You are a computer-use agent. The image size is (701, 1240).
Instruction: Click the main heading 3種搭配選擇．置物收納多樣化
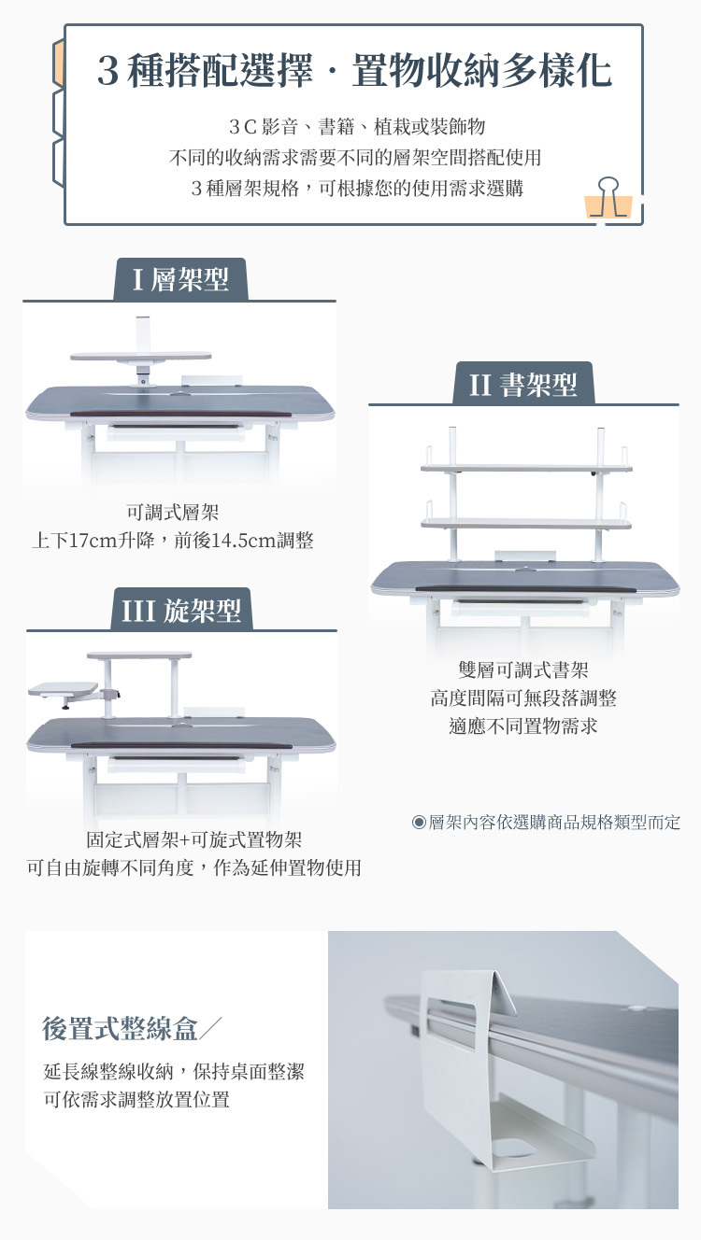pyautogui.click(x=354, y=72)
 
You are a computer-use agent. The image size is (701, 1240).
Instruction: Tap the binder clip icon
pyautogui.click(x=608, y=198)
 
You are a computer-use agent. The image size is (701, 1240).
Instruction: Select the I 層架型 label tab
pyautogui.click(x=180, y=279)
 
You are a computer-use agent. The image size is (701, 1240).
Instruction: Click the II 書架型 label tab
pyautogui.click(x=523, y=384)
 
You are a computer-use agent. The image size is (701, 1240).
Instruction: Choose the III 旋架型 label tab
pyautogui.click(x=181, y=610)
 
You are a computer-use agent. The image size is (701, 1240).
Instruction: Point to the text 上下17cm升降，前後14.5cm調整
pyautogui.click(x=173, y=541)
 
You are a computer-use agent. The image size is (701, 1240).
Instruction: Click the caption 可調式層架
pyautogui.click(x=173, y=512)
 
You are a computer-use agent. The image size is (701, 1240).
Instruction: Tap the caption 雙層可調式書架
pyautogui.click(x=523, y=669)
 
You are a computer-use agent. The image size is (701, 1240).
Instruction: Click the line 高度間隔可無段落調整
pyautogui.click(x=523, y=697)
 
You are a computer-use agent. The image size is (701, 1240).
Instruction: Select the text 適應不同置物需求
pyautogui.click(x=523, y=726)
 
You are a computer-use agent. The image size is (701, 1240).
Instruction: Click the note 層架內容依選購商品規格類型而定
pyautogui.click(x=547, y=823)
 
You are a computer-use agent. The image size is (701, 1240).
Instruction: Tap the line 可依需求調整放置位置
pyautogui.click(x=136, y=1099)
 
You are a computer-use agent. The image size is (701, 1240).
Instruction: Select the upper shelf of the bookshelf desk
pyautogui.click(x=526, y=467)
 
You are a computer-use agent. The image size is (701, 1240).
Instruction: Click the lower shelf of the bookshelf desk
pyautogui.click(x=526, y=523)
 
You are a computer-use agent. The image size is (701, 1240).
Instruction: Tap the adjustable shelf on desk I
pyautogui.click(x=140, y=356)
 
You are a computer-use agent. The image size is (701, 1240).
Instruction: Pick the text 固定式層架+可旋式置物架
pyautogui.click(x=194, y=839)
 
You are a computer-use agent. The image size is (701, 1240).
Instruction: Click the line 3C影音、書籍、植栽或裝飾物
pyautogui.click(x=356, y=126)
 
